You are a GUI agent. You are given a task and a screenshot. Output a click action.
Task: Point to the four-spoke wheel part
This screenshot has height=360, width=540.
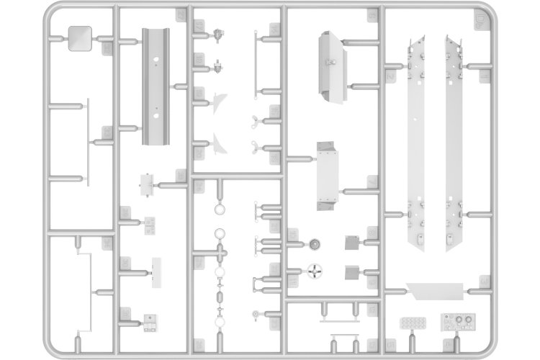click(x=313, y=271)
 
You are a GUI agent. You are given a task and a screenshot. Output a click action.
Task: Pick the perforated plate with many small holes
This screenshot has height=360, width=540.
click(x=413, y=321)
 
